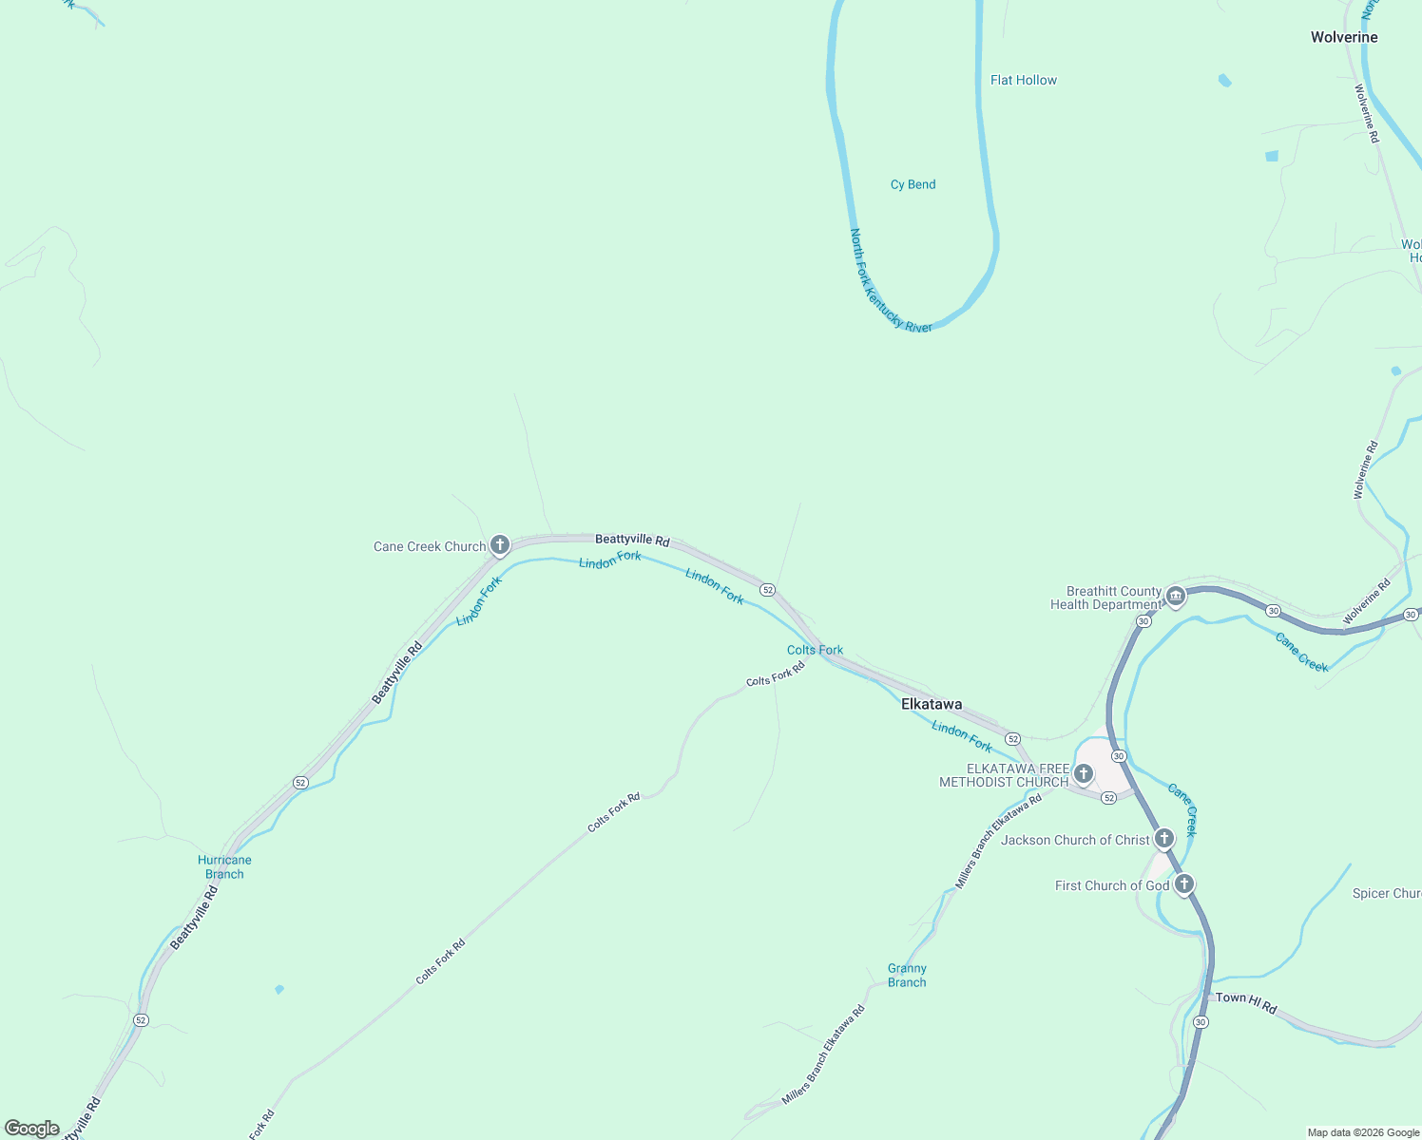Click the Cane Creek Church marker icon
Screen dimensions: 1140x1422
(x=500, y=545)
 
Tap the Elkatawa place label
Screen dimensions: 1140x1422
(x=931, y=704)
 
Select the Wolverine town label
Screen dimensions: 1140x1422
(x=1343, y=37)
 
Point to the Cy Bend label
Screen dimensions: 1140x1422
(x=913, y=184)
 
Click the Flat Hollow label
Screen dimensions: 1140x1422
(x=1023, y=80)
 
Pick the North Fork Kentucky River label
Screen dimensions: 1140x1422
(x=891, y=281)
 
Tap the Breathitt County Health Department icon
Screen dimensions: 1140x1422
(x=1176, y=597)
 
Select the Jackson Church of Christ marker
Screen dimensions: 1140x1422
(x=1163, y=838)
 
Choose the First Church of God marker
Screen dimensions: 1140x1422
(x=1183, y=884)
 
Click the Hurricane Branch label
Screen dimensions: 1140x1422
(x=224, y=866)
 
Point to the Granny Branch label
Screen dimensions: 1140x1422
(x=907, y=975)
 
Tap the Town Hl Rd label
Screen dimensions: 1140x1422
(x=1245, y=1001)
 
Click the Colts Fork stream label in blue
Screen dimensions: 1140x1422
(x=815, y=650)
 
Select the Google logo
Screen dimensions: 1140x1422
(x=32, y=1129)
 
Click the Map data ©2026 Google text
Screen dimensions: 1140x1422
(x=1362, y=1132)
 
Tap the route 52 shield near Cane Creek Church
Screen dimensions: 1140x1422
(x=767, y=590)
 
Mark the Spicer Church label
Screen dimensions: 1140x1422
(x=1387, y=893)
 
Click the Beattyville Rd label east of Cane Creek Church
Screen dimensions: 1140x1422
(x=632, y=540)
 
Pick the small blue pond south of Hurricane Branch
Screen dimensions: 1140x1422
(x=279, y=989)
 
